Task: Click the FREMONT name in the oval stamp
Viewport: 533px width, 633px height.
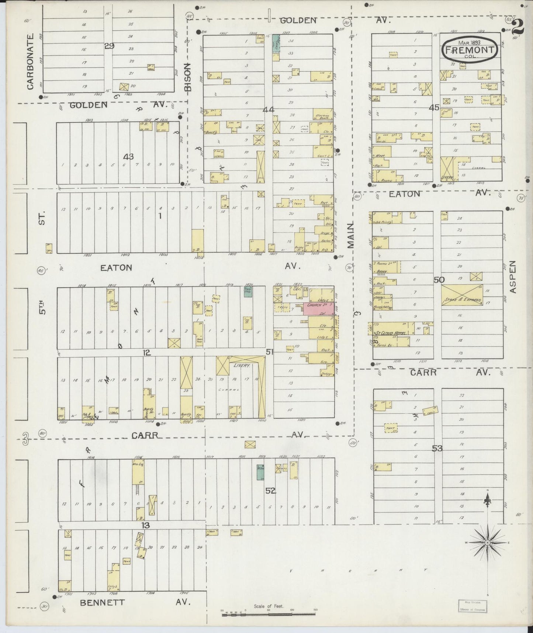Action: point(470,49)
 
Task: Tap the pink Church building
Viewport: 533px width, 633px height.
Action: point(319,305)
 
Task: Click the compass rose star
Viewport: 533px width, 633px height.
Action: point(487,543)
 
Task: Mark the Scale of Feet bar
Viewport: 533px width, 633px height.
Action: point(268,614)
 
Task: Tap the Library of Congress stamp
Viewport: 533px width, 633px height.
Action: point(472,606)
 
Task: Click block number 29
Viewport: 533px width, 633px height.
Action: point(109,46)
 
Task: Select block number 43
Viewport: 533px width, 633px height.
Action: point(128,157)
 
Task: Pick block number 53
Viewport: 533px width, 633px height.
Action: point(437,448)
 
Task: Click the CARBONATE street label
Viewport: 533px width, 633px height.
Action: point(30,61)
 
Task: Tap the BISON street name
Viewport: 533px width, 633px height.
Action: point(188,77)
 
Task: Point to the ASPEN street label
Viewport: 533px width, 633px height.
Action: point(513,277)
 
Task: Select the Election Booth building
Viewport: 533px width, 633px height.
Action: point(322,115)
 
